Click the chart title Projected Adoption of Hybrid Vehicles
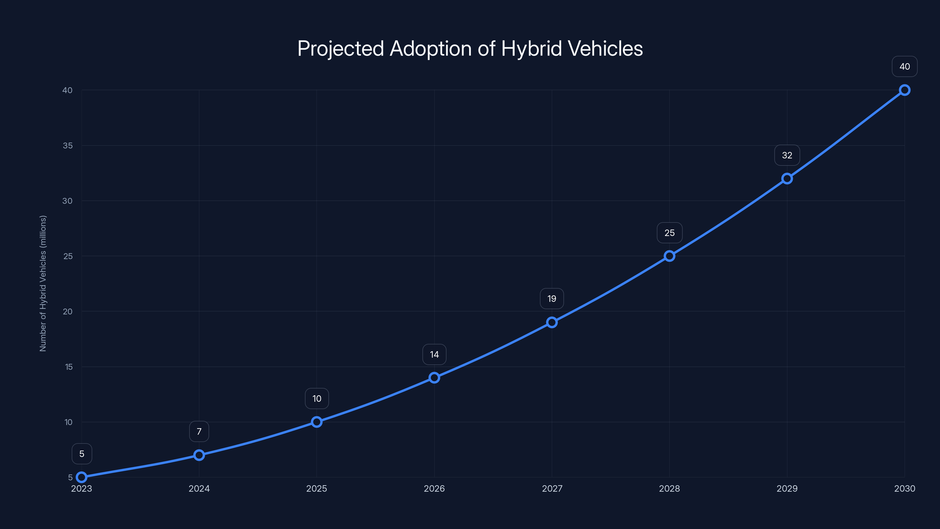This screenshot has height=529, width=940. click(x=470, y=48)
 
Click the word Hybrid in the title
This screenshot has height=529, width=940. click(x=531, y=48)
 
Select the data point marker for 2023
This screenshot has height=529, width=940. click(x=82, y=477)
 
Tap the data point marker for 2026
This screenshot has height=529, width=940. click(x=434, y=377)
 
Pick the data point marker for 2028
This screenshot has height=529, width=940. click(x=669, y=256)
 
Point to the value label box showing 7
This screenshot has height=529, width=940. click(x=199, y=431)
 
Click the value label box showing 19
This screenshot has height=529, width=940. click(x=552, y=299)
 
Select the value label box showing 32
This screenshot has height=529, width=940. click(x=787, y=155)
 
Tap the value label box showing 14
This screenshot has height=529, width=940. click(x=434, y=354)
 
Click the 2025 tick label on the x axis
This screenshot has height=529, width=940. click(x=316, y=488)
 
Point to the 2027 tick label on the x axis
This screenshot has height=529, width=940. click(x=552, y=488)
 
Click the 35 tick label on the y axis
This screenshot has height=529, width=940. click(x=68, y=146)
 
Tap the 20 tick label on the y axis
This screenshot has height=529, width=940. click(x=68, y=312)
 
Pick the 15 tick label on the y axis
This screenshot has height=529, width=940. click(x=69, y=367)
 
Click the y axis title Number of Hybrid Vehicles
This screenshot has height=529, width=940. click(x=43, y=283)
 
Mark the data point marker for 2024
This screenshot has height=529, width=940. click(x=199, y=455)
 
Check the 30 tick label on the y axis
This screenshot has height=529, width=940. click(x=68, y=201)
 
